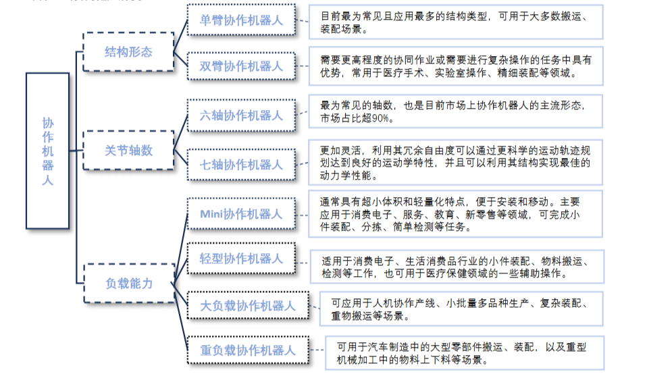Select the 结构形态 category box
[128, 51]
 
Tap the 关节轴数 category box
[128, 150]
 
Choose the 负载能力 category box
[128, 284]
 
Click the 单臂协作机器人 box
[241, 20]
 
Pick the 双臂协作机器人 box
[241, 66]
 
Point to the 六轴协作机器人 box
[241, 115]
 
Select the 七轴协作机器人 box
[241, 164]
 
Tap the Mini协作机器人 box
[241, 214]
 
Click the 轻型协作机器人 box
[241, 259]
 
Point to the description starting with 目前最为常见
[454, 22]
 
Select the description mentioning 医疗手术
[456, 67]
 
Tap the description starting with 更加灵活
[456, 163]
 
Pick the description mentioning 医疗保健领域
[456, 267]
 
